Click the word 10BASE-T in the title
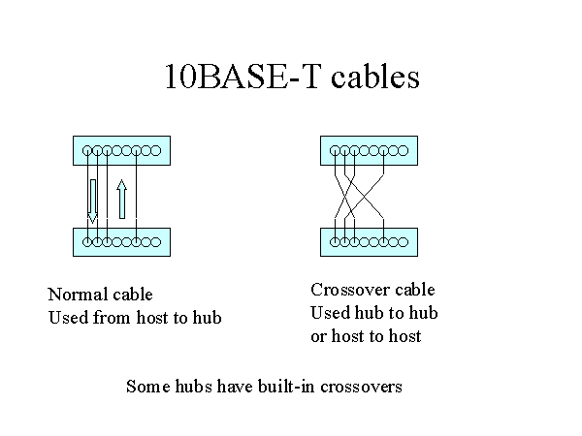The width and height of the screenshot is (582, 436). click(x=242, y=77)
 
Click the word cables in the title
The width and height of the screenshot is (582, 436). click(x=375, y=77)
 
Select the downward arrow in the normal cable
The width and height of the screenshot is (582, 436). click(x=92, y=202)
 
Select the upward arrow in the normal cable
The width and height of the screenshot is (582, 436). click(x=122, y=199)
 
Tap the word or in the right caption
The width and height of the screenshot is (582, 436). click(x=318, y=337)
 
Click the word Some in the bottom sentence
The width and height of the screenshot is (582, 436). click(x=148, y=387)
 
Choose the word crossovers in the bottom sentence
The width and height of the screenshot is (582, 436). click(x=361, y=387)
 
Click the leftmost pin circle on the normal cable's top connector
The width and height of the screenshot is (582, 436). click(x=87, y=151)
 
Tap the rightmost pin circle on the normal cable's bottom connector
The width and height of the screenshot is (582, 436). click(x=156, y=242)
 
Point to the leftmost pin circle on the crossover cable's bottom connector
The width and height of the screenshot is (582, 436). click(x=335, y=242)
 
